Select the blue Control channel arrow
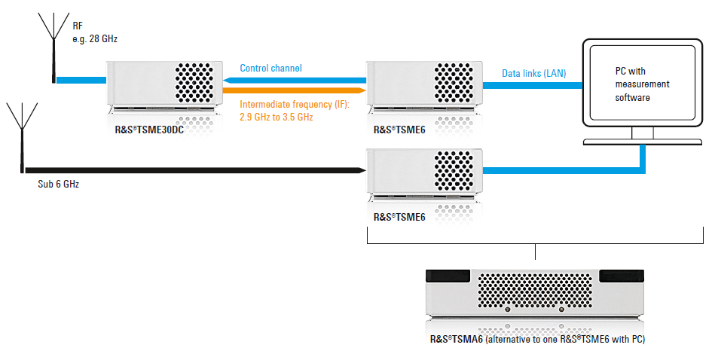point(294,79)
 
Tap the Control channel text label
point(270,69)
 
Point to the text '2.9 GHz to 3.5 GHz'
point(276,117)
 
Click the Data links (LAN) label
point(534,73)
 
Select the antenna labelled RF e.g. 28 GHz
point(53,45)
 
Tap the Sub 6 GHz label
point(58,184)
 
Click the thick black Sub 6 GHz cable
point(188,170)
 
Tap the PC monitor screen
point(642,83)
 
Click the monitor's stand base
point(642,142)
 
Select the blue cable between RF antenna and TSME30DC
point(82,78)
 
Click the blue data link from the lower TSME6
point(558,171)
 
